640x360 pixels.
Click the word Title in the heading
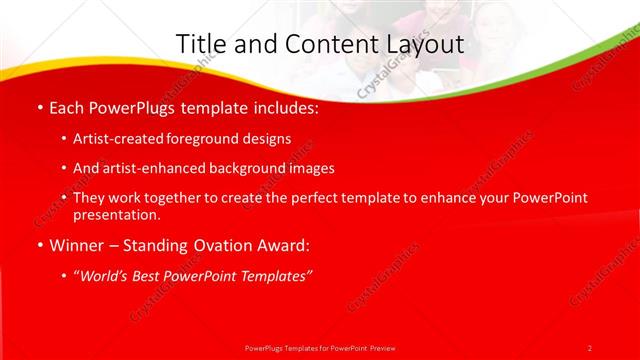click(x=200, y=44)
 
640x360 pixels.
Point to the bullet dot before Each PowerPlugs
click(x=39, y=108)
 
